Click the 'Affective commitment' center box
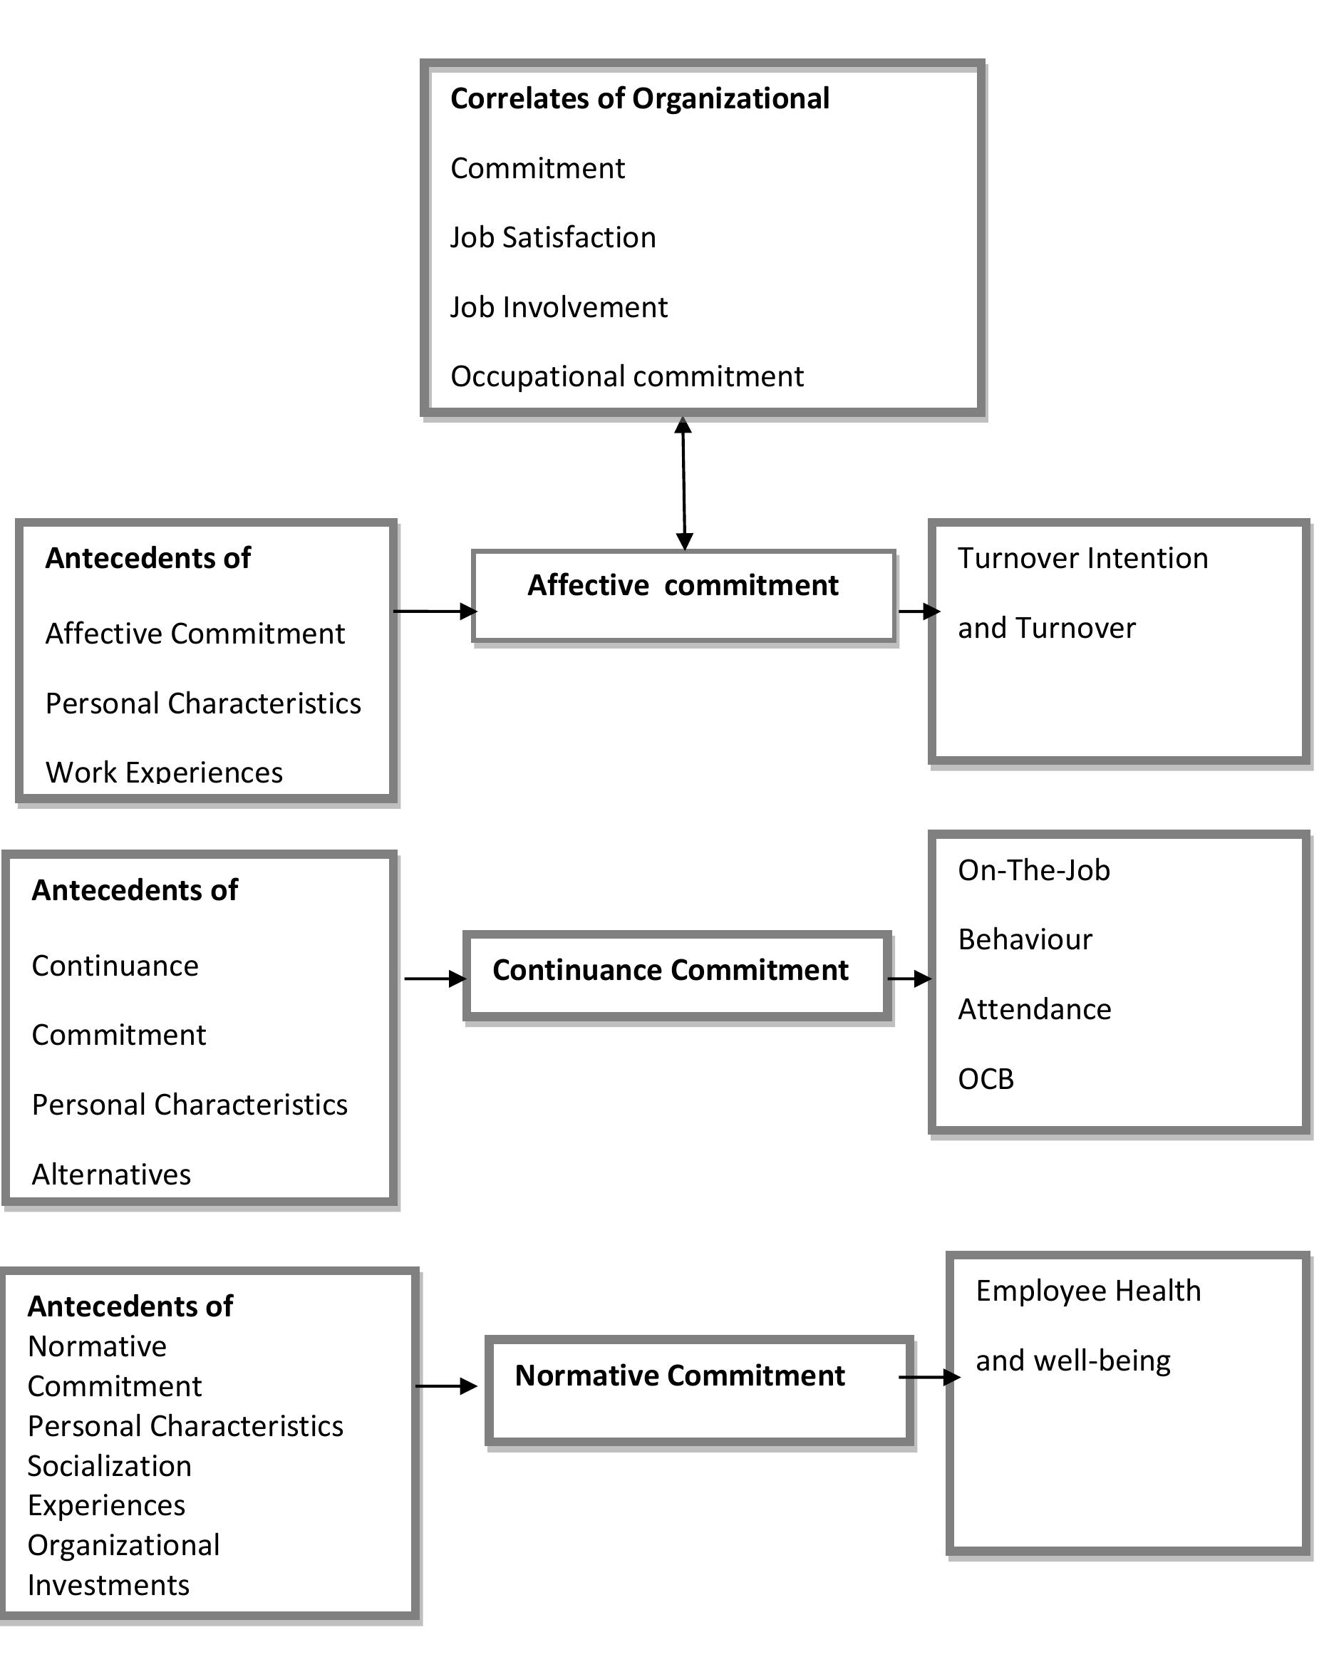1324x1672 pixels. pos(683,596)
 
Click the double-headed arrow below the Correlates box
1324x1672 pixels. pos(683,484)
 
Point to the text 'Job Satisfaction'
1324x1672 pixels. pos(553,237)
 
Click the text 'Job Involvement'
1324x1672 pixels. pos(558,307)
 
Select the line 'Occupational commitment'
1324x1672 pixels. pos(626,376)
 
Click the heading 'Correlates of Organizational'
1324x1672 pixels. pos(639,98)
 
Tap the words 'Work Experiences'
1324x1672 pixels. pos(164,771)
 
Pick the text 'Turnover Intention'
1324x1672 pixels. pos(1082,558)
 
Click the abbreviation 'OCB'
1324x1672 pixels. pos(986,1078)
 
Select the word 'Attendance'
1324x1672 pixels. pos(1034,1009)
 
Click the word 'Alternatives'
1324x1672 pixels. pos(111,1175)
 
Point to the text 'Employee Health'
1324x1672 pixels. pos(1087,1291)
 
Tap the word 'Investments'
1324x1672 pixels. pos(108,1585)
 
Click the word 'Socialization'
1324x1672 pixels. pos(109,1466)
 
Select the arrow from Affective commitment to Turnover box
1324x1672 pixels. pos(919,611)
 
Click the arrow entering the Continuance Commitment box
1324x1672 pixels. pos(435,979)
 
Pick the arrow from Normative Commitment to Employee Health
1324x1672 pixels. pos(929,1378)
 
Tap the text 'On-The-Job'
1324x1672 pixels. pos(1033,870)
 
